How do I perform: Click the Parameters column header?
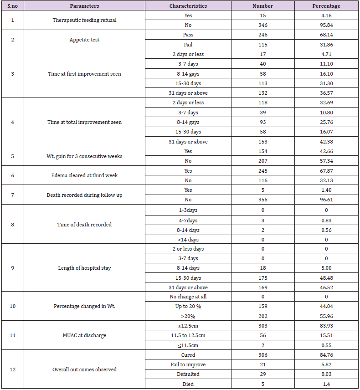coord(84,6)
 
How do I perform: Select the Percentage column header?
coord(326,6)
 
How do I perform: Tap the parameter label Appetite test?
coord(84,40)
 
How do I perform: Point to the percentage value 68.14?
coord(326,35)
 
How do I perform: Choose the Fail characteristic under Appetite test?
coord(188,45)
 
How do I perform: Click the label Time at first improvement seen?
coord(84,74)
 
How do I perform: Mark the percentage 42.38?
coord(326,142)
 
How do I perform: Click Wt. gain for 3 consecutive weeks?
coord(84,156)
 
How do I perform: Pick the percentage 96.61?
coord(326,200)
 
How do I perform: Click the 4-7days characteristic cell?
coord(188,221)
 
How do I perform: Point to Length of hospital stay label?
coord(84,268)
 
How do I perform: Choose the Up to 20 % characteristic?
coord(188,306)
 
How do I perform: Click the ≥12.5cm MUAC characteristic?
coord(188,326)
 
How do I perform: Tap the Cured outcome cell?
coord(188,355)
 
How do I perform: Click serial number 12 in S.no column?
coord(12,369)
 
